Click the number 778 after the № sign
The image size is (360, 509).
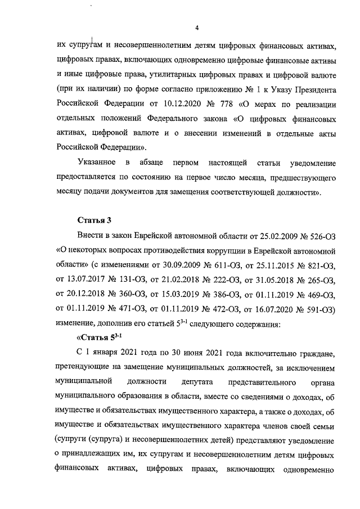232,104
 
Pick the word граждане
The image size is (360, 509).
314,353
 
